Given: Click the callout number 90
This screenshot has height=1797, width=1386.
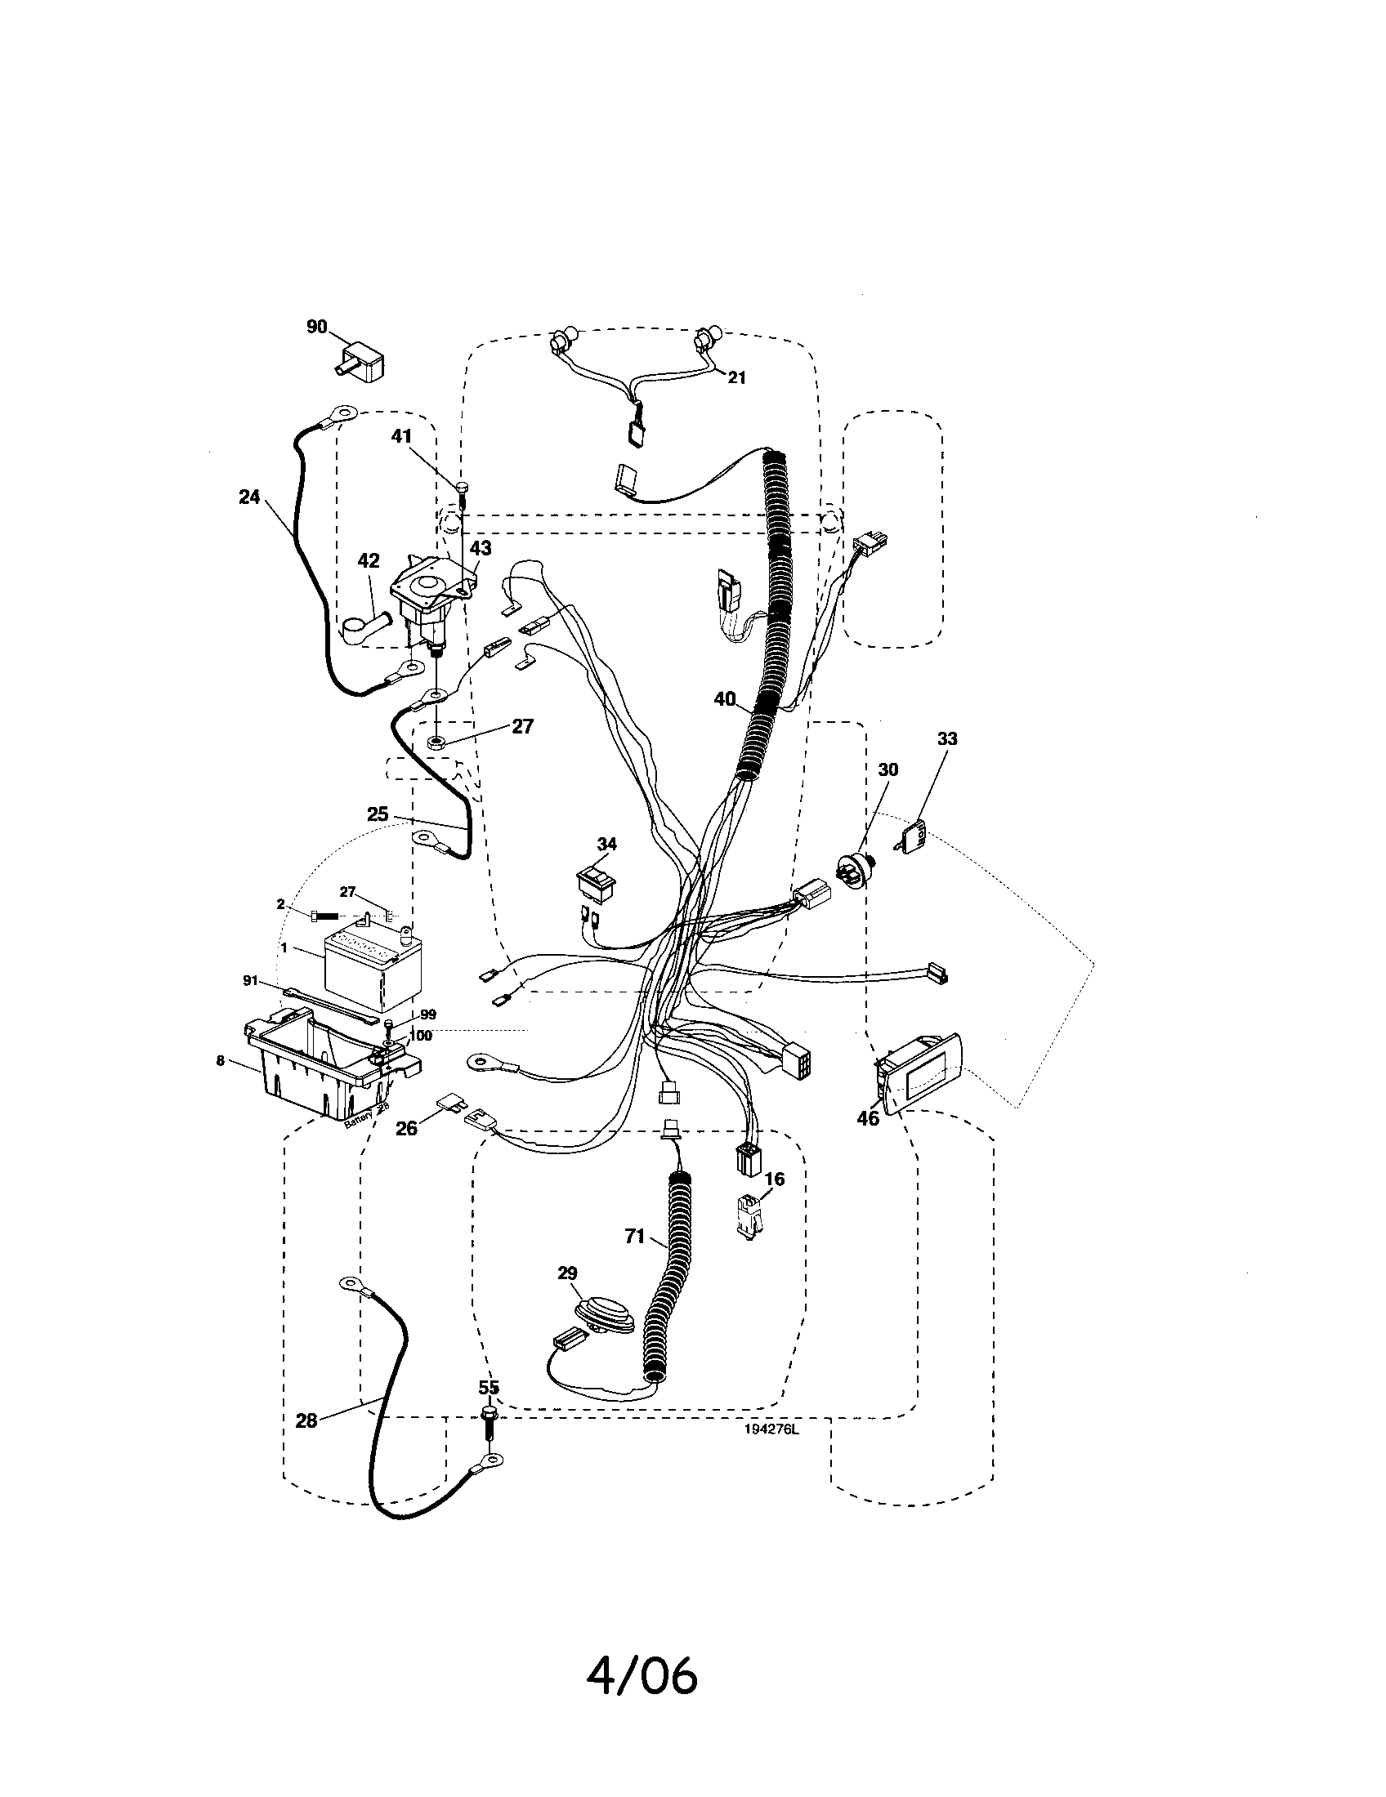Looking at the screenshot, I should pos(316,327).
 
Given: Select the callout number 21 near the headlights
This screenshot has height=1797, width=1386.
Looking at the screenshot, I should pos(736,377).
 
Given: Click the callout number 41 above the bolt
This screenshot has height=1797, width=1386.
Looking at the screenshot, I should pos(400,436).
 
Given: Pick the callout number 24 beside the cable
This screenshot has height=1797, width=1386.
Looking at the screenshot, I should pos(249,497).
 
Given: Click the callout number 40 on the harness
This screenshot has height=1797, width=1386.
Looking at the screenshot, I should pos(724,699).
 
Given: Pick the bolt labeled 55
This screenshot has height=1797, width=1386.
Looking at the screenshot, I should pos(487,1423).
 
